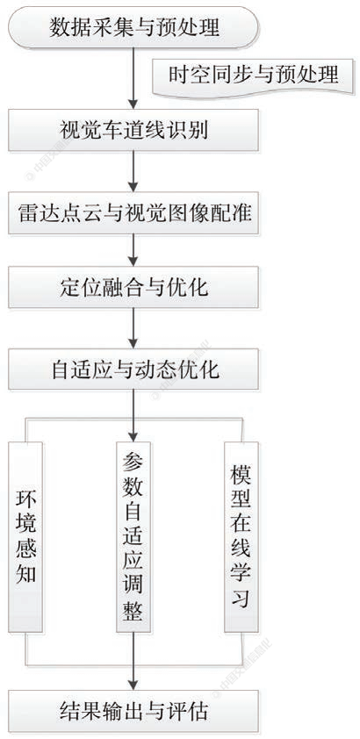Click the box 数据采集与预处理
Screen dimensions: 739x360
[133, 29]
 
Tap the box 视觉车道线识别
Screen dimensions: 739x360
[133, 133]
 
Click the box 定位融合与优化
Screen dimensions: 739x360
[133, 286]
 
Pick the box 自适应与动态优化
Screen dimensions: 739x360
[133, 369]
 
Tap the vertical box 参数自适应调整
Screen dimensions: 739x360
[133, 537]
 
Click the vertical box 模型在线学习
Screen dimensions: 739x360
[239, 537]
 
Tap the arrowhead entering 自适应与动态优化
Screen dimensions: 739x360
[133, 345]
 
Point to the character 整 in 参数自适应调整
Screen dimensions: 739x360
[133, 612]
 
